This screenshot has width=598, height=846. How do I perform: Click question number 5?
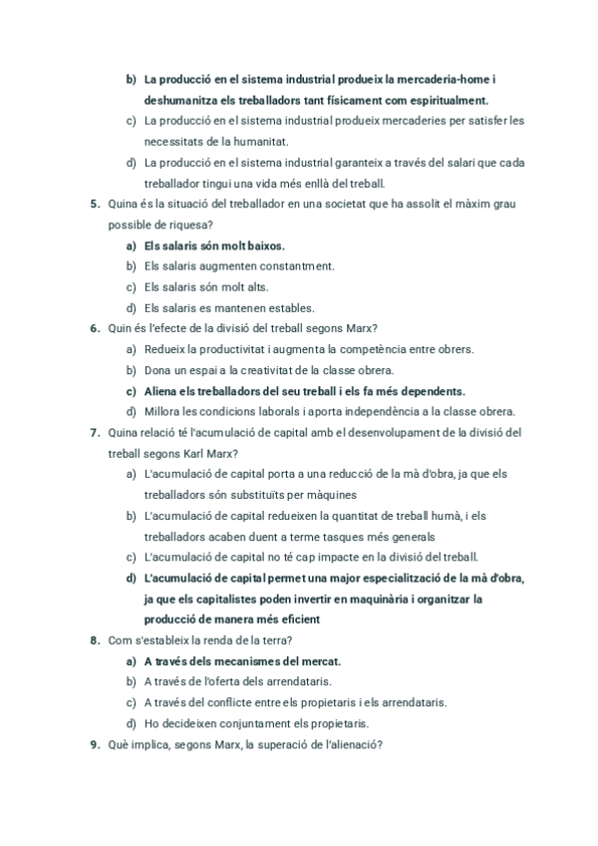coord(95,205)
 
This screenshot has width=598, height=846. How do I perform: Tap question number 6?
coord(95,328)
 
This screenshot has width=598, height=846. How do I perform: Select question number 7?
coord(95,432)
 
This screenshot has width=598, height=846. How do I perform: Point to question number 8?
coord(95,639)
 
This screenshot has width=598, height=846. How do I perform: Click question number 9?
coord(95,743)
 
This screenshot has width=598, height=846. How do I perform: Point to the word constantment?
coord(295,266)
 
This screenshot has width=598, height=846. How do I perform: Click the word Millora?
coord(163,411)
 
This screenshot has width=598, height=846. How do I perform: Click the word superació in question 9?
coord(280,743)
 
